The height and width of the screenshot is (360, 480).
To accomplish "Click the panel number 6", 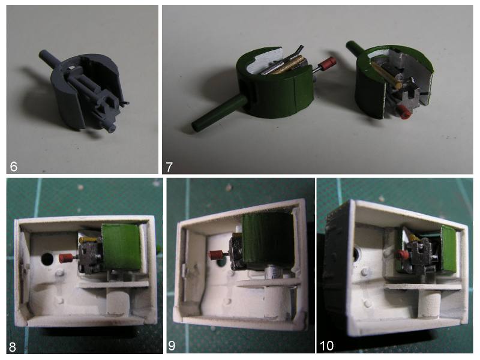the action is click(x=13, y=167).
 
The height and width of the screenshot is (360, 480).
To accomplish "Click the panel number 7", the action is click(x=169, y=167).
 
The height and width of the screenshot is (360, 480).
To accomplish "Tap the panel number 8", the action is click(x=13, y=347).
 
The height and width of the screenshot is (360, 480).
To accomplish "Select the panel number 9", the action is click(x=172, y=346).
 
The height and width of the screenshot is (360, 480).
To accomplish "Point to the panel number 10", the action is click(x=326, y=346).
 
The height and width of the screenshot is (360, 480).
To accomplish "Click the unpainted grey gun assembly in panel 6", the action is click(x=86, y=92).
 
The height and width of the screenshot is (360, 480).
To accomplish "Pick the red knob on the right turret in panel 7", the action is click(x=404, y=112).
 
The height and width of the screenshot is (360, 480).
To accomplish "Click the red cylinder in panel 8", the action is click(x=65, y=258).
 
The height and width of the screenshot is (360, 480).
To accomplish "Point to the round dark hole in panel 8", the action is click(x=47, y=259).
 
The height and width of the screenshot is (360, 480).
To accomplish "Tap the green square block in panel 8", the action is click(x=122, y=247).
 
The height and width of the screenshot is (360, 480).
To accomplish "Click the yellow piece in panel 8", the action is click(x=88, y=240).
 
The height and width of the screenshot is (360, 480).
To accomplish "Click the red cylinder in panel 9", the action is click(x=216, y=254).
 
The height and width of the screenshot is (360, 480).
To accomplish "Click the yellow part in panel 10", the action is click(x=414, y=238).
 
